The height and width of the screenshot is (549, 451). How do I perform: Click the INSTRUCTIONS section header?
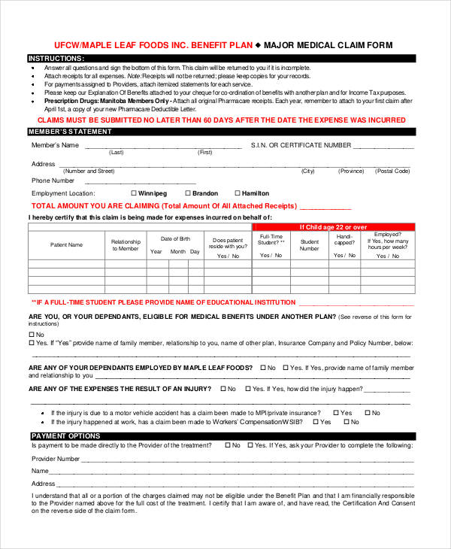point(56,58)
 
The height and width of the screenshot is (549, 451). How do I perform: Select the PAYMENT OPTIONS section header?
point(66,436)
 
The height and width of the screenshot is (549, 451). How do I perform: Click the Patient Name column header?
point(66,244)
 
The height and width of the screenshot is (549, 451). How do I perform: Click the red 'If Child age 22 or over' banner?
point(333,226)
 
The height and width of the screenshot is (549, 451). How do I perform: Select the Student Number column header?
point(309,245)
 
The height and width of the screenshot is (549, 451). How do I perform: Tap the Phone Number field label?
point(53,180)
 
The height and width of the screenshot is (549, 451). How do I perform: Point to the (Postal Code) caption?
point(392,171)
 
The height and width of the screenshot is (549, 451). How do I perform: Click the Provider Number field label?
point(56,458)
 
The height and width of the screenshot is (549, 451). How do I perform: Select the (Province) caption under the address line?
point(350,171)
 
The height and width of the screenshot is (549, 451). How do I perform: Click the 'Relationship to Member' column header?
point(126,245)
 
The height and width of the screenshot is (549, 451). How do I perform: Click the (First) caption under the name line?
point(205,153)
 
